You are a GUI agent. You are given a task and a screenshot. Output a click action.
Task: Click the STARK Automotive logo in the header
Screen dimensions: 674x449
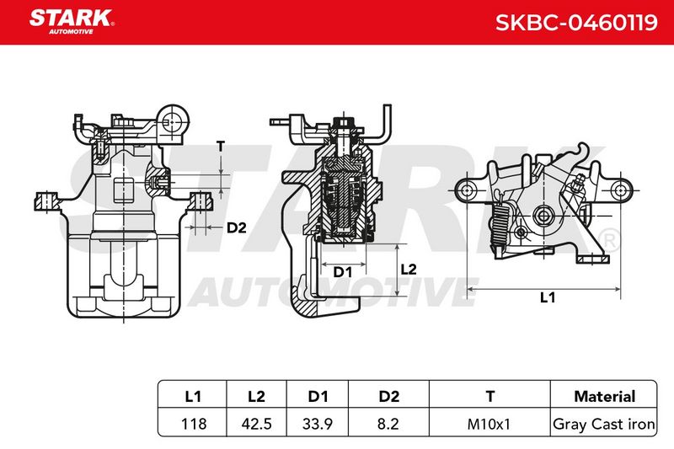pos(72,22)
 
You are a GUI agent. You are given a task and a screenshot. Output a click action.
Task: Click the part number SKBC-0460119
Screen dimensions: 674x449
pos(576,23)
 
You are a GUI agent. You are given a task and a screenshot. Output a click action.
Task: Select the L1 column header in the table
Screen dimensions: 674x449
pos(193,396)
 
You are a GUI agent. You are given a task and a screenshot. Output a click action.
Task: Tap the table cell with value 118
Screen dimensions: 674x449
pos(194,424)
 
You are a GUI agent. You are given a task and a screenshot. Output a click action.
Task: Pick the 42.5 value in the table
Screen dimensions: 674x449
pos(256,424)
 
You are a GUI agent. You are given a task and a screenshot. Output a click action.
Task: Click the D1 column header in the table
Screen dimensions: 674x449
pos(318,396)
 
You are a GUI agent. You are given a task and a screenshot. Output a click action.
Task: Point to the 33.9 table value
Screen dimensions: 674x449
pos(318,424)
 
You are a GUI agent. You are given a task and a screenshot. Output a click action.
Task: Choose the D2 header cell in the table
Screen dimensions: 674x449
pos(388,396)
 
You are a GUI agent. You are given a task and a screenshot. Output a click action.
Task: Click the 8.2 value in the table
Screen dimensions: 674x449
pos(388,424)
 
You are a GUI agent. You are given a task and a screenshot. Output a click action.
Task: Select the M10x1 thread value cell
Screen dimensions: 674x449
pos(489,424)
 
